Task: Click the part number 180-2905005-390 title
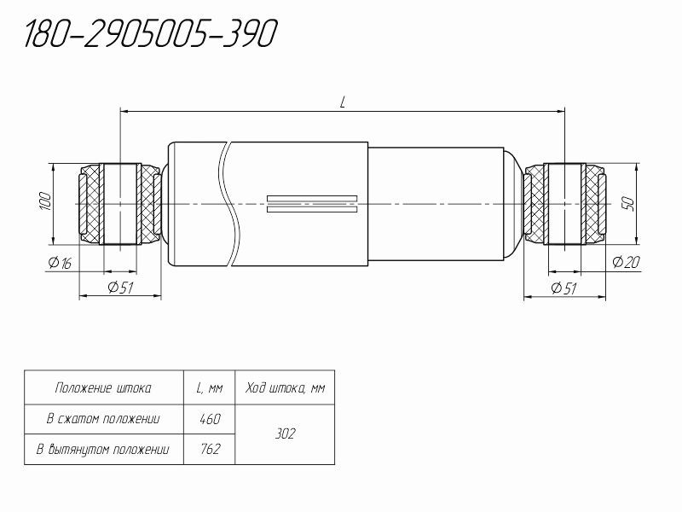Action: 150,33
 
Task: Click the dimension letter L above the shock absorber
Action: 343,102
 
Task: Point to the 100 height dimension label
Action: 45,201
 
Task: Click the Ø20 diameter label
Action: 627,262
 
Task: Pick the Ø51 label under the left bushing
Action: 120,287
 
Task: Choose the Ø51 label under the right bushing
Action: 564,288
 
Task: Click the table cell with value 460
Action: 210,419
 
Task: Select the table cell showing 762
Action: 210,449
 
